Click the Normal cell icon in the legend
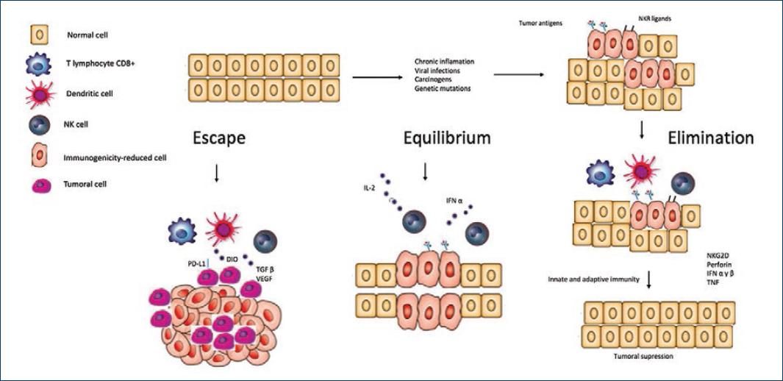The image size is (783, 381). click(x=38, y=34)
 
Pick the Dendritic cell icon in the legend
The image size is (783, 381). click(x=38, y=94)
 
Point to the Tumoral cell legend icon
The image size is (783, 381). click(x=38, y=184)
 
